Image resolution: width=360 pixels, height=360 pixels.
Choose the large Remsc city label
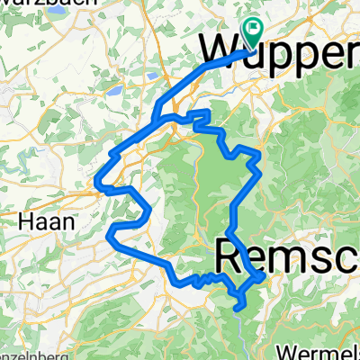coord(288,258)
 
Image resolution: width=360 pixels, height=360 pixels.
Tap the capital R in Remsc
coord(229,258)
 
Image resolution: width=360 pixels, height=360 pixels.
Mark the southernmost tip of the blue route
coord(238,307)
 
